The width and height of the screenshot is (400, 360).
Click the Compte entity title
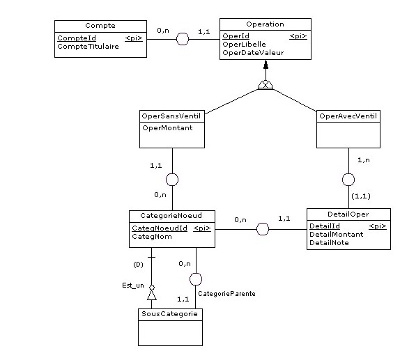tap(100, 26)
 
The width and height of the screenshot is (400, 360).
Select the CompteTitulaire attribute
tap(88, 47)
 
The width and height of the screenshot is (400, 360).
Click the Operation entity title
tap(265, 24)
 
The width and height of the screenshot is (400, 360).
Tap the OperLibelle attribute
tap(244, 45)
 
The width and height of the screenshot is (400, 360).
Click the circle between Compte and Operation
tap(183, 39)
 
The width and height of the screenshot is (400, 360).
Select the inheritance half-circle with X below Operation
tap(266, 86)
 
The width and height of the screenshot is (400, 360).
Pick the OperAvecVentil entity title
tap(348, 115)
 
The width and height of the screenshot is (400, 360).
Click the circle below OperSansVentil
tap(172, 180)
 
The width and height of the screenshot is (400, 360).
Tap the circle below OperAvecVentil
tap(348, 180)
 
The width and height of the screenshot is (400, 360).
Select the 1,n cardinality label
tap(363, 160)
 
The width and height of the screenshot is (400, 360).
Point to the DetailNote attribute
tap(330, 242)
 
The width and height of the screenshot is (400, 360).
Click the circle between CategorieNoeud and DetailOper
tap(262, 228)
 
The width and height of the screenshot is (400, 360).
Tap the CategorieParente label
tap(227, 294)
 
